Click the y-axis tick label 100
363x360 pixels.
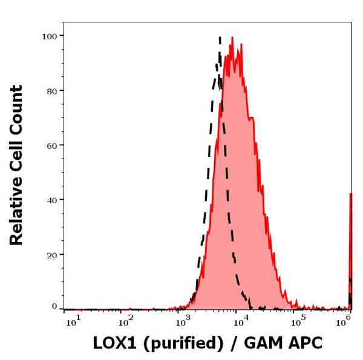[48, 36]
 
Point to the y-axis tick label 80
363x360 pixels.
[51, 91]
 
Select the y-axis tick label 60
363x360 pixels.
[51, 145]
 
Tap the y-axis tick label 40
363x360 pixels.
[51, 200]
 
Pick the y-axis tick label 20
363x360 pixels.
[51, 255]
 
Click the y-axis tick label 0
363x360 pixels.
[54, 306]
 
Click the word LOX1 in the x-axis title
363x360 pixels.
[115, 343]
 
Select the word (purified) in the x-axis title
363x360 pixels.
[182, 344]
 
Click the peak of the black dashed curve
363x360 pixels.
[220, 38]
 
